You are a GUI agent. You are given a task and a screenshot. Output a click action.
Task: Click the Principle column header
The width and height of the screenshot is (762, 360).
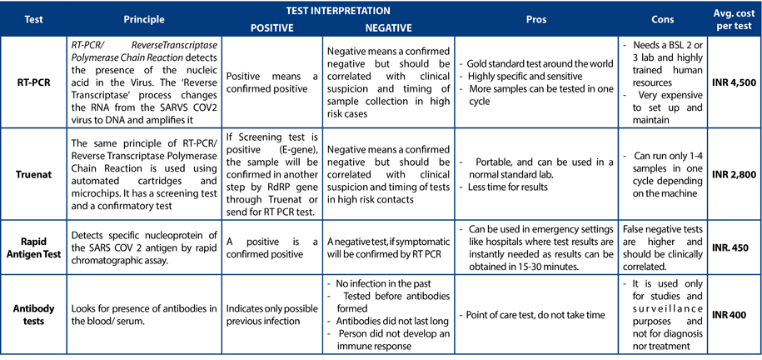144,19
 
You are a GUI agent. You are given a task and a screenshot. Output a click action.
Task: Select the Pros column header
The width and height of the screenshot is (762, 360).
536,19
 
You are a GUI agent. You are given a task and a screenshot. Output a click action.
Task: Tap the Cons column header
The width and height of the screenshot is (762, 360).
663,19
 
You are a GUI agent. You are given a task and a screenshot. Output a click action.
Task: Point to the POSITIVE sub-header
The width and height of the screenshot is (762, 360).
272,28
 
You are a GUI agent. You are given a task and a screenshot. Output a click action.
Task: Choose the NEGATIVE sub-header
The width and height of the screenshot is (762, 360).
389,28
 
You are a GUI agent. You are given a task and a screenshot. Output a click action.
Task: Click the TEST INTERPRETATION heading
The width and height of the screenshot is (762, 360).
331,10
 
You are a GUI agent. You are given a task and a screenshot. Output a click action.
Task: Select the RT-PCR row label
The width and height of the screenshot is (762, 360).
34,82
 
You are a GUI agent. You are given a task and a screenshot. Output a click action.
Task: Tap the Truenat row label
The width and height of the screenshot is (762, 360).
34,173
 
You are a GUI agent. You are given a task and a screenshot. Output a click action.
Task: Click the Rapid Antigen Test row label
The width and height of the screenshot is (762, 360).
34,247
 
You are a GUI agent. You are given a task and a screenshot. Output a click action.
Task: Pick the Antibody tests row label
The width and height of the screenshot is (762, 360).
34,315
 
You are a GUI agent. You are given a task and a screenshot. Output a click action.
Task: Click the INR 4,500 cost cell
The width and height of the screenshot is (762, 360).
733,82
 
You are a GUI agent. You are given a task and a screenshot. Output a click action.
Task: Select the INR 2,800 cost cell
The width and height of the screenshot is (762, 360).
733,173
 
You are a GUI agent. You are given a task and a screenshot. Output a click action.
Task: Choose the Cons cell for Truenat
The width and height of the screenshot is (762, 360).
663,173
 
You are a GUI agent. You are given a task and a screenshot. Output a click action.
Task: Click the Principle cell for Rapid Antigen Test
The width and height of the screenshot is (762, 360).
144,247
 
